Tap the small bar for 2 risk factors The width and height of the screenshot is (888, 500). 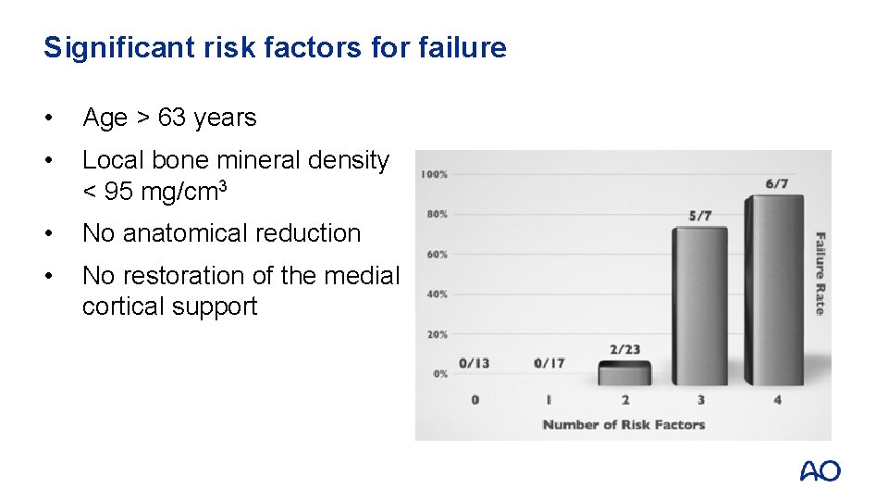624,374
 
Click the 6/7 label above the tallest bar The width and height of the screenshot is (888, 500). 777,184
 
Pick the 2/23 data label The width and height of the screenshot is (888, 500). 624,350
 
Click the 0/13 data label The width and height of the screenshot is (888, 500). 475,363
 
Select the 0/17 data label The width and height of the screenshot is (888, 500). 549,363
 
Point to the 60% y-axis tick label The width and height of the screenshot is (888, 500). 436,254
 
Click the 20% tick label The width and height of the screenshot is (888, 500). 436,334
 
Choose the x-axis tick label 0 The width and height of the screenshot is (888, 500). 475,400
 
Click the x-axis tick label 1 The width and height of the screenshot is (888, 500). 549,400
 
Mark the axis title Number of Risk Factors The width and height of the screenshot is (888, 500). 623,425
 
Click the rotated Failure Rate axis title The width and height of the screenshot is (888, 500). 820,273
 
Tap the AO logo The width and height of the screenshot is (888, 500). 820,471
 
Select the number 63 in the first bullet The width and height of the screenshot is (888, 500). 171,118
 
